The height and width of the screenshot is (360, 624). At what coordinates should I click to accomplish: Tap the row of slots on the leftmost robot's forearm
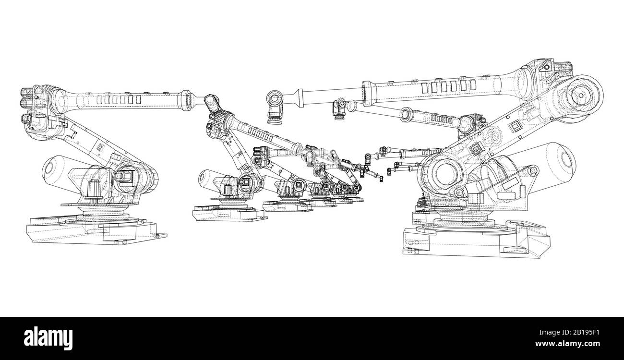pyautogui.click(x=118, y=99)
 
